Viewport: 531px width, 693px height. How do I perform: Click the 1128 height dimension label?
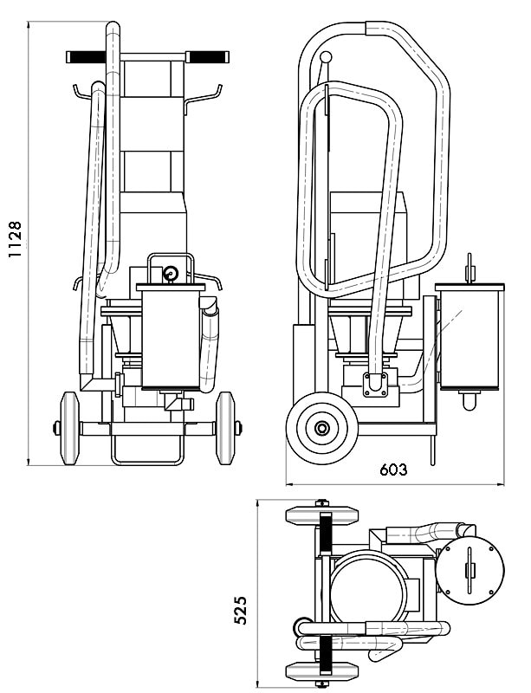point(15,239)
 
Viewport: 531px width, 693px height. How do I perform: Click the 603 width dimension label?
point(393,470)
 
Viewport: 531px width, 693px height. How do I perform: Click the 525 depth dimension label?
point(240,610)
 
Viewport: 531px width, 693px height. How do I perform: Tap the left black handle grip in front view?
point(87,57)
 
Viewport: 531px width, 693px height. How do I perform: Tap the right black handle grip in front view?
point(207,57)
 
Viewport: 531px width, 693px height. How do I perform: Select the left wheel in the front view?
point(69,428)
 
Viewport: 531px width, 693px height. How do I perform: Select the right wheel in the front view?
point(225,428)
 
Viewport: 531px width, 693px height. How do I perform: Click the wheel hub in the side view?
point(321,428)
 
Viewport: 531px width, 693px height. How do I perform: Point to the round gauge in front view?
point(171,274)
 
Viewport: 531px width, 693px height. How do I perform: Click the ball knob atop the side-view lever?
point(326,57)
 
